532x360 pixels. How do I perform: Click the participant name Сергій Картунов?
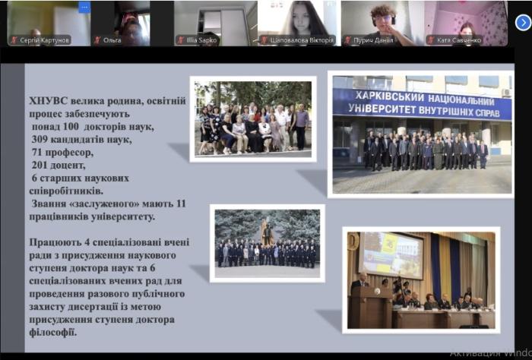(43, 40)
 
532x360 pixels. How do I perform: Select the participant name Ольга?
(112, 40)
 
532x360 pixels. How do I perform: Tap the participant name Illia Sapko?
(200, 40)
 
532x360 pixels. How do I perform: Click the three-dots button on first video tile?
(84, 7)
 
